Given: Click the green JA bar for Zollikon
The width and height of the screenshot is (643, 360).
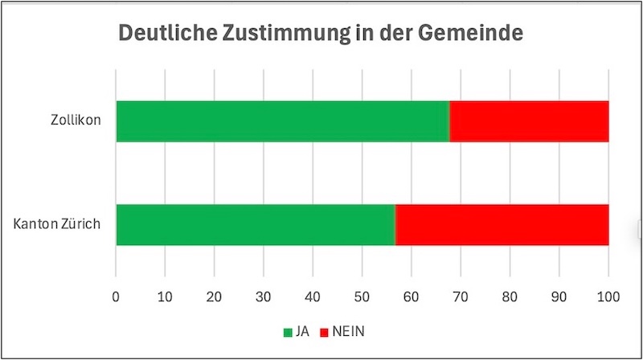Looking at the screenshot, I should coord(282,121).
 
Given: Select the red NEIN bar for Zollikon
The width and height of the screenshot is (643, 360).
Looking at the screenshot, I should coord(529,121).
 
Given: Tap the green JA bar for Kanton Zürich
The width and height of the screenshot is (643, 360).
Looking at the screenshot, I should coord(256,224).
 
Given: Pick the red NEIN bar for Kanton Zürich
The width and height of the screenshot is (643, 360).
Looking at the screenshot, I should coord(502,224).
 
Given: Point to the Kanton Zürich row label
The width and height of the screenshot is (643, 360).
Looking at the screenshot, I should coord(57,224).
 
